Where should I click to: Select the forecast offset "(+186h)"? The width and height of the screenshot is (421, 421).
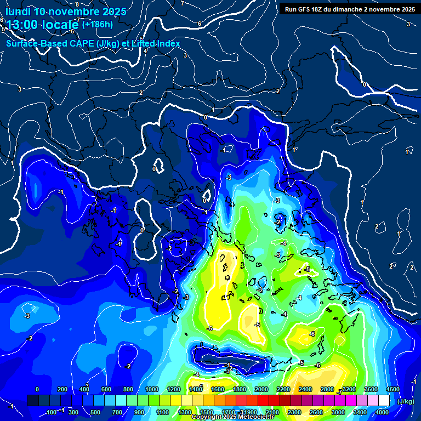97,24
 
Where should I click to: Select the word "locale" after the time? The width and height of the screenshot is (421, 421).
60,25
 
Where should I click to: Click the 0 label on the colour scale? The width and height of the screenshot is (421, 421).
37,389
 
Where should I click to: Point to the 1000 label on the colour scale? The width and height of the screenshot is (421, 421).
152,389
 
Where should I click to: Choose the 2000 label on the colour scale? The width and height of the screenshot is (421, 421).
261,389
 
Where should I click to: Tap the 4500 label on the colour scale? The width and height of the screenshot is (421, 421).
392,389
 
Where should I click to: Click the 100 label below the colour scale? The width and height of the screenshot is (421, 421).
52,412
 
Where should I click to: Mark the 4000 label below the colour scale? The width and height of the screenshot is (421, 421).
382,412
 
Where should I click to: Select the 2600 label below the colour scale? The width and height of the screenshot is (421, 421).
316,412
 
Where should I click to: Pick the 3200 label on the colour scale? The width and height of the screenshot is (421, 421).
349,389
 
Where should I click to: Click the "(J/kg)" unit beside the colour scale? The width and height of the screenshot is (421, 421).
406,401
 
